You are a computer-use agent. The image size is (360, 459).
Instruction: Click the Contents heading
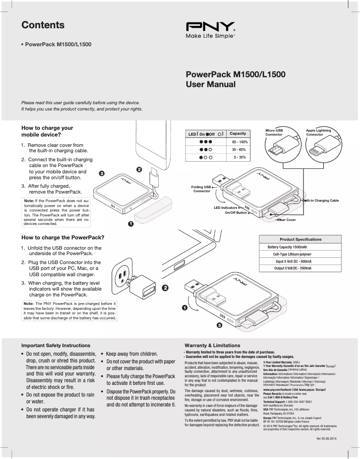(x=43, y=25)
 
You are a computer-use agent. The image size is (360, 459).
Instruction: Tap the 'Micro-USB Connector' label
(x=274, y=132)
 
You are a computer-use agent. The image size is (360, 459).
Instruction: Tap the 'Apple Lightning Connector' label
(x=318, y=132)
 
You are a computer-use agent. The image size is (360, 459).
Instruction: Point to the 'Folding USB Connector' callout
(x=201, y=189)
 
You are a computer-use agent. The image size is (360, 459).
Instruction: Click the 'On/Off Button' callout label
(x=235, y=212)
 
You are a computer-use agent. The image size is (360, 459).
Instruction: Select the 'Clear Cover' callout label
(x=286, y=220)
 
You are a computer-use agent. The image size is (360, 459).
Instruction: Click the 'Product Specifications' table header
(x=300, y=239)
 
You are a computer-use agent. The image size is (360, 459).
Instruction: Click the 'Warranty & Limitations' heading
(x=209, y=345)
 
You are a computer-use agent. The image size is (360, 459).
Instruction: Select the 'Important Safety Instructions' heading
(x=56, y=345)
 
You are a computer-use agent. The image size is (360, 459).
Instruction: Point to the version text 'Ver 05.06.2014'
(x=326, y=438)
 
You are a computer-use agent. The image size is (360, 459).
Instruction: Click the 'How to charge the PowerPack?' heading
(x=63, y=237)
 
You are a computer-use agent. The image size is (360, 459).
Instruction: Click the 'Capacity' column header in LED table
(x=238, y=133)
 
